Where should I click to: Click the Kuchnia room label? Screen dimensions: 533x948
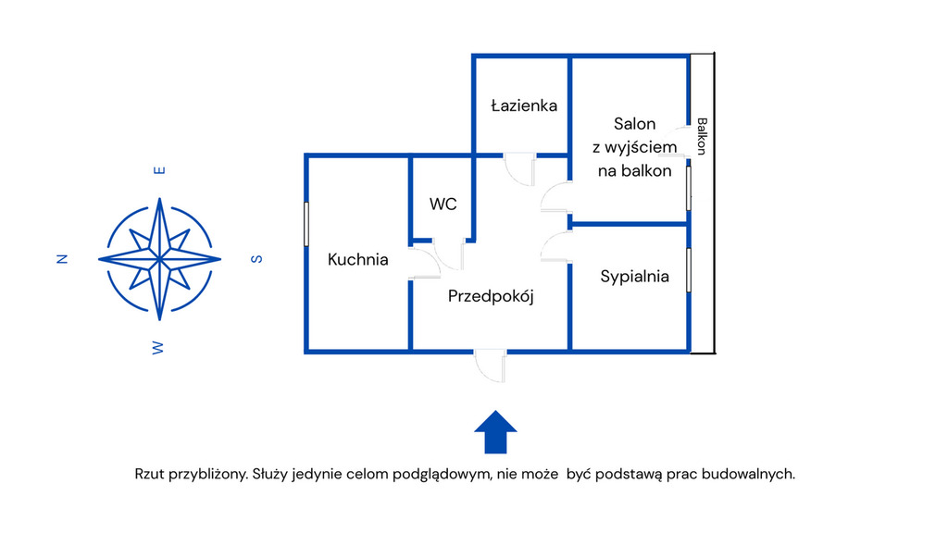(x=358, y=260)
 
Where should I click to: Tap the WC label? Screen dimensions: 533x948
(x=443, y=205)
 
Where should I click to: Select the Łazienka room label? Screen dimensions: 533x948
(x=524, y=105)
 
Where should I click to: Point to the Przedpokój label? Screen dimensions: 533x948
(x=492, y=297)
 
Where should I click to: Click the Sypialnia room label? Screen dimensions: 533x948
(x=634, y=276)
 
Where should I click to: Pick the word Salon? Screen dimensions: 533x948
(x=634, y=124)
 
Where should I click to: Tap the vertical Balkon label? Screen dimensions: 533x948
(x=702, y=136)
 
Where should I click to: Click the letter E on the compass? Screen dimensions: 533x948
(x=159, y=170)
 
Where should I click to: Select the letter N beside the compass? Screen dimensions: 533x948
(x=63, y=259)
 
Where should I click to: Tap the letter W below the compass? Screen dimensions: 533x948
(x=158, y=347)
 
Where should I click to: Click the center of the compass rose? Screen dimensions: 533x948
(x=159, y=258)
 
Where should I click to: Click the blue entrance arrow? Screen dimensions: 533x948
(x=495, y=431)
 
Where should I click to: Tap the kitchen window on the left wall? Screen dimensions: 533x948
(x=306, y=224)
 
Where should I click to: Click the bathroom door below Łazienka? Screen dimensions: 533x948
(x=519, y=167)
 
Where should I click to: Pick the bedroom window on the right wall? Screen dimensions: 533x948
(x=689, y=270)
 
